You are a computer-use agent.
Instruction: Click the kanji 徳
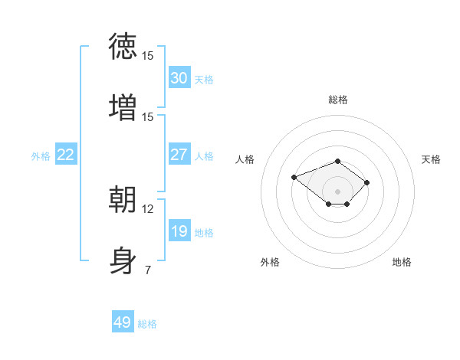[x=123, y=46]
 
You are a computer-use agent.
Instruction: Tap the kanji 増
[x=123, y=107]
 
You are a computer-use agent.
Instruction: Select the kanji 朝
[x=123, y=199]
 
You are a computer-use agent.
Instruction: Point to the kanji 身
[x=123, y=260]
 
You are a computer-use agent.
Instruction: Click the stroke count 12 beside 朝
[x=147, y=209]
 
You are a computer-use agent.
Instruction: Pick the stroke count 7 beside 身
[x=148, y=270]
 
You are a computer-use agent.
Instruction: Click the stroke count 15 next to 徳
[x=147, y=56]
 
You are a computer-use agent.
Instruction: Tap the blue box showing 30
[x=179, y=77]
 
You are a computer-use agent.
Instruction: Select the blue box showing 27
[x=179, y=154]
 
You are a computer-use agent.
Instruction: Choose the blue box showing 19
[x=179, y=230]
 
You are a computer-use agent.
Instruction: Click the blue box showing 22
[x=66, y=154]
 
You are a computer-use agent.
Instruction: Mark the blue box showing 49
[x=123, y=321]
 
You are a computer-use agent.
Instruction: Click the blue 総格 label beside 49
[x=147, y=324]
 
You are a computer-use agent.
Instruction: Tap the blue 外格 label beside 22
[x=41, y=156]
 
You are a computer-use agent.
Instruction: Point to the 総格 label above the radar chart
[x=337, y=100]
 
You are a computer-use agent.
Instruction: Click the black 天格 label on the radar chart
[x=431, y=159]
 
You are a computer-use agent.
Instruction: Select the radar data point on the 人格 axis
[x=294, y=177]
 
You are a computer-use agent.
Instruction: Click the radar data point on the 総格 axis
[x=337, y=161]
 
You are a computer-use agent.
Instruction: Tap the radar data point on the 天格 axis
[x=366, y=182]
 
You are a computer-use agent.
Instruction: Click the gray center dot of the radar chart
[x=337, y=191]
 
